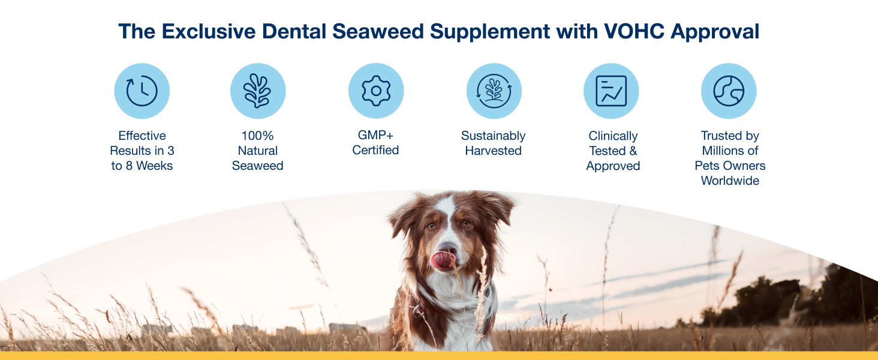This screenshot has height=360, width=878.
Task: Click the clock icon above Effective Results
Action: [x=142, y=91]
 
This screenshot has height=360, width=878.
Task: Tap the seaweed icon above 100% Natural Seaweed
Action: [x=257, y=91]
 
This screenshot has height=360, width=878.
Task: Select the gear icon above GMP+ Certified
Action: [x=376, y=91]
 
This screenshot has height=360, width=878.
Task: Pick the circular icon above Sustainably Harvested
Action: [x=494, y=91]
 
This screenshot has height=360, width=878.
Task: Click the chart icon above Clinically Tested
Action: [x=611, y=91]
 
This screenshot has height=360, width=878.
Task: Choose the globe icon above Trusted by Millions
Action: [x=729, y=91]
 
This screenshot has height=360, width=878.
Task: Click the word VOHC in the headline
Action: [x=634, y=31]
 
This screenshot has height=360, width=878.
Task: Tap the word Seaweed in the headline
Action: [x=378, y=31]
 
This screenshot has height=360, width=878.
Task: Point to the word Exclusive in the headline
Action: [x=209, y=31]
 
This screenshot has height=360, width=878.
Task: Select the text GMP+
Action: [x=375, y=135]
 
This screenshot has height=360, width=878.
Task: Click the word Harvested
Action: [x=493, y=151]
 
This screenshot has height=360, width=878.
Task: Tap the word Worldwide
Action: [x=730, y=181]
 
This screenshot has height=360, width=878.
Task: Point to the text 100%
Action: [x=257, y=136]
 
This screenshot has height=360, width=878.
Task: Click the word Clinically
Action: [x=613, y=136]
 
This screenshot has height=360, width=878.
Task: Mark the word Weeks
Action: [x=155, y=166]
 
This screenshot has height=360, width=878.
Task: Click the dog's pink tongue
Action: [x=443, y=260]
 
